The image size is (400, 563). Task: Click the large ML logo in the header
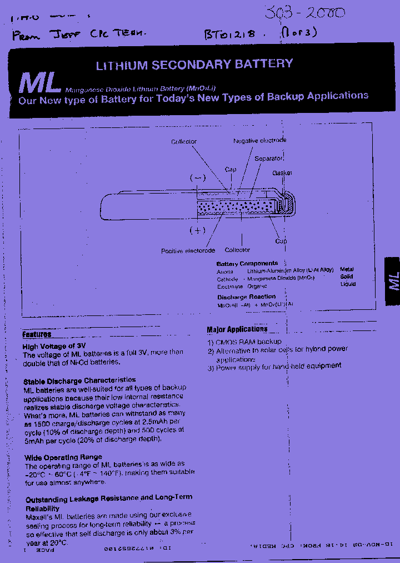(x=39, y=82)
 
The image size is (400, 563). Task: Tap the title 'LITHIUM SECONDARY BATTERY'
(x=194, y=65)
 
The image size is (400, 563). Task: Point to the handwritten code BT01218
(x=229, y=33)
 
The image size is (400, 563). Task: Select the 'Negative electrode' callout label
(x=259, y=141)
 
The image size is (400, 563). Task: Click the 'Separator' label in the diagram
(x=269, y=159)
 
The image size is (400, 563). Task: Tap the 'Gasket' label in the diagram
(x=282, y=173)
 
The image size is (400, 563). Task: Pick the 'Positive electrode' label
(x=188, y=251)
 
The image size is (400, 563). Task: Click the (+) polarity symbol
(x=197, y=230)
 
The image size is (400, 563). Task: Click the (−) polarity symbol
(x=198, y=178)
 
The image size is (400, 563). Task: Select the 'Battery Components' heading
(x=247, y=263)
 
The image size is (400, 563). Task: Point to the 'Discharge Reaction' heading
(x=246, y=297)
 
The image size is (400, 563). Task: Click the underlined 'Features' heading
(x=37, y=334)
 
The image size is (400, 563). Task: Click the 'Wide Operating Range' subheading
(x=63, y=457)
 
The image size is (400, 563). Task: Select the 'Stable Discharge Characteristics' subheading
(x=79, y=381)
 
